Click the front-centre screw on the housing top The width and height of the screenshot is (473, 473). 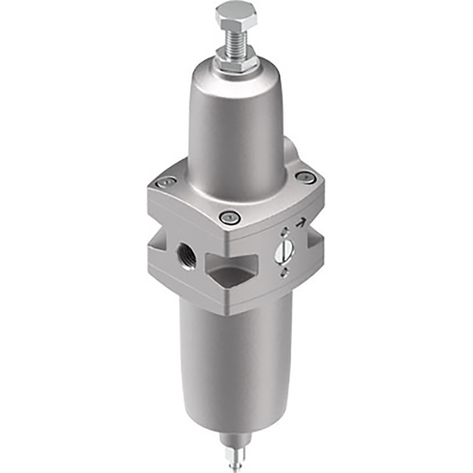click(x=232, y=217)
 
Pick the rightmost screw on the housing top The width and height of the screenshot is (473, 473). click(x=307, y=177)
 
